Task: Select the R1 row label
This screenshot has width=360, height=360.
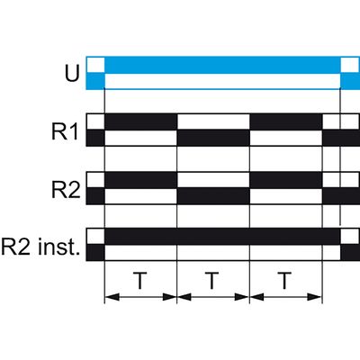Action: point(65,131)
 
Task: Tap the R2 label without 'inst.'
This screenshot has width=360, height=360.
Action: point(66,190)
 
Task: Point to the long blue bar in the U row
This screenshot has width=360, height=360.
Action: point(222,65)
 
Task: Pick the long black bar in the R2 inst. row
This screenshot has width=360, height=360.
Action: point(222,237)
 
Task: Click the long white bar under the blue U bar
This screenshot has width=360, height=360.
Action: point(222,81)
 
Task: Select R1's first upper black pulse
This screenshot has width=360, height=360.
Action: point(140,121)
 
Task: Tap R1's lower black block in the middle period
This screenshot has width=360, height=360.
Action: point(213,139)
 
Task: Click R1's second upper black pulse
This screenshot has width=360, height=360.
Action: point(286,121)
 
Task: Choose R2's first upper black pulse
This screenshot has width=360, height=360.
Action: point(140,180)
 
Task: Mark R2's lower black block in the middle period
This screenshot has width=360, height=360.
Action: point(213,196)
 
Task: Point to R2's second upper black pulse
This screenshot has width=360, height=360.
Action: point(286,180)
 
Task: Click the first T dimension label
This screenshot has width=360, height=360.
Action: point(139,281)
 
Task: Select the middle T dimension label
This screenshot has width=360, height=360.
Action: point(212,281)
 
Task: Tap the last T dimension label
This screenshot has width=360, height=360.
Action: point(284,281)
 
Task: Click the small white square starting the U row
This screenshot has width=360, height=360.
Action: point(95,65)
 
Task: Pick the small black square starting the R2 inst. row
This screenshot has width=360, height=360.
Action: point(95,253)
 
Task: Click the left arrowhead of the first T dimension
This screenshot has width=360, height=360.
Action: point(112,297)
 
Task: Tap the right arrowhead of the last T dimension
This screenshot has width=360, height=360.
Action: point(315,297)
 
